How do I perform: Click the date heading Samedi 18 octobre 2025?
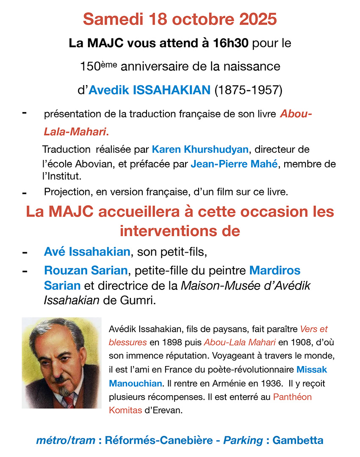[180, 19]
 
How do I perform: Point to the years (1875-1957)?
[249, 90]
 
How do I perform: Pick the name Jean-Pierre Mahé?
[234, 164]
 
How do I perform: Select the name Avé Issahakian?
[87, 252]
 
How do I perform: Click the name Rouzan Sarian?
[86, 270]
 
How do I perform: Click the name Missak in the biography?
[312, 369]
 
